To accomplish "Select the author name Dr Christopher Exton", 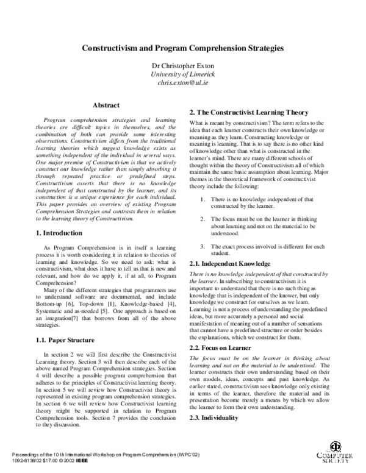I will click(183, 66).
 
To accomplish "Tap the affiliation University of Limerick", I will click(183, 74).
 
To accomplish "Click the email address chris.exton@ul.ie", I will click(183, 82).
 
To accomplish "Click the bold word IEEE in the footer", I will click(77, 463).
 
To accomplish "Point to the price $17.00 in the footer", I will click(40, 463).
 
